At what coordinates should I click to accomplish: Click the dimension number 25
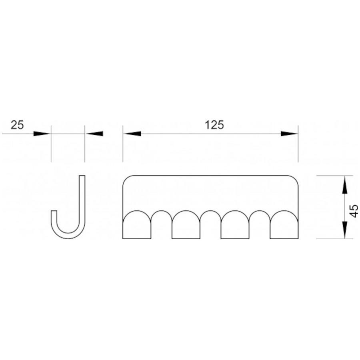pos(17,125)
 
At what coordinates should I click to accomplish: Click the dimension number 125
pos(214,125)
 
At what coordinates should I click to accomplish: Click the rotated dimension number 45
pos(354,211)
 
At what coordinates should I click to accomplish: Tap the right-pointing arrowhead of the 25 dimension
pos(42,134)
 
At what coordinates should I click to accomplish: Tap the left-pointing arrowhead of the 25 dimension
pos(94,134)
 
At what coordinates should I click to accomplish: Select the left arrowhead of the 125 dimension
pos(132,134)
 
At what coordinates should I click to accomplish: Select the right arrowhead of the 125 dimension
pos(289,134)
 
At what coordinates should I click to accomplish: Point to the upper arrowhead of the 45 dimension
pos(345,184)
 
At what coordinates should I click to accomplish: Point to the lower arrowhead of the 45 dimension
pos(345,230)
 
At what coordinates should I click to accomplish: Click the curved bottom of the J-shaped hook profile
pos(68,236)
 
